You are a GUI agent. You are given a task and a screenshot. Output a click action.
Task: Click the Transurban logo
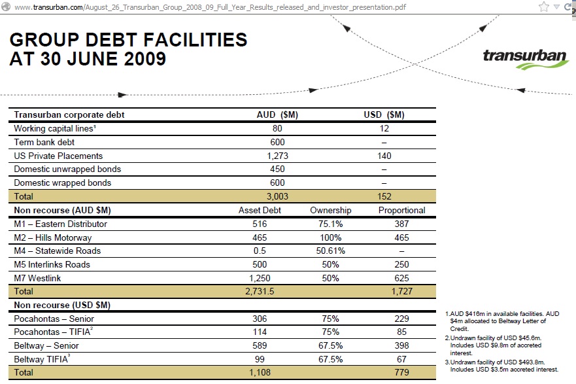point(526,59)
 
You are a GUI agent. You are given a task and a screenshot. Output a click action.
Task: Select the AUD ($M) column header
point(277,114)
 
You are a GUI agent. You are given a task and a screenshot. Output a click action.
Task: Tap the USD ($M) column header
point(384,114)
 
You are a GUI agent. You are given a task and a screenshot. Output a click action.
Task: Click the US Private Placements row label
point(58,156)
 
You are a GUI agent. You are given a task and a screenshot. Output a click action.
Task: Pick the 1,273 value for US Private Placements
point(277,156)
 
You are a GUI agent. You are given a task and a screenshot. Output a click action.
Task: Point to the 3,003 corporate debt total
point(277,196)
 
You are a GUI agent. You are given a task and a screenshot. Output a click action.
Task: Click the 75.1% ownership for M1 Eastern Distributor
point(331,224)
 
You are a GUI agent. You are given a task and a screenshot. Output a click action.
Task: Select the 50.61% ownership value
point(331,251)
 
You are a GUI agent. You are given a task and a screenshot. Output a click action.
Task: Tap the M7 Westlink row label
point(37,278)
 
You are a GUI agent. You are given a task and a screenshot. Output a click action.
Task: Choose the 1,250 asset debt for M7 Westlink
point(260,278)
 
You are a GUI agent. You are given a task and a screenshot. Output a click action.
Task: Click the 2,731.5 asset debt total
point(260,291)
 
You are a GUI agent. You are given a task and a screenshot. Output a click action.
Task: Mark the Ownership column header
point(331,210)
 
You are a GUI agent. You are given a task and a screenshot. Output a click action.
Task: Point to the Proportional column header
point(402,210)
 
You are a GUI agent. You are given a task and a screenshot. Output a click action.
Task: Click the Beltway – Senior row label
point(46,345)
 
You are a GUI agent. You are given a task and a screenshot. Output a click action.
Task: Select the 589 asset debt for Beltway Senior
point(260,345)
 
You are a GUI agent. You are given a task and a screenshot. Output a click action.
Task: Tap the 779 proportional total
point(402,372)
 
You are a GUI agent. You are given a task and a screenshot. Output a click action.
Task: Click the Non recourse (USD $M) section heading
point(62,305)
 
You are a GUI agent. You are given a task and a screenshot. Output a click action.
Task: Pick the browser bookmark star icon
point(544,7)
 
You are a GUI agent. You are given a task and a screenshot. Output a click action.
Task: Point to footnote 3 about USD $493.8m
point(502,366)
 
